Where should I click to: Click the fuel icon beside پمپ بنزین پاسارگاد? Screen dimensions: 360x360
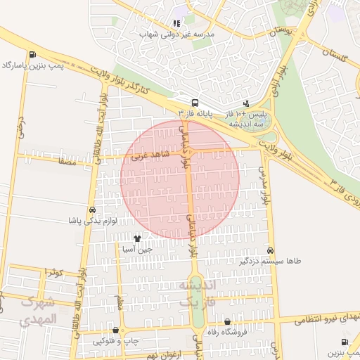tap(32, 55)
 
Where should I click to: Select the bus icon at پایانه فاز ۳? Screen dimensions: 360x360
tap(195, 101)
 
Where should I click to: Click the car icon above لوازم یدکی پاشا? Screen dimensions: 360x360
tap(92, 210)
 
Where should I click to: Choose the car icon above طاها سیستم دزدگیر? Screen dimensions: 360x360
tap(270, 251)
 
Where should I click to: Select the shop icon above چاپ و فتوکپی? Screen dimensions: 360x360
tap(116, 330)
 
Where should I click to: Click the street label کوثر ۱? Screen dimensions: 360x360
tap(53, 271)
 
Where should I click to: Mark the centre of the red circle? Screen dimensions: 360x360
tap(180, 179)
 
